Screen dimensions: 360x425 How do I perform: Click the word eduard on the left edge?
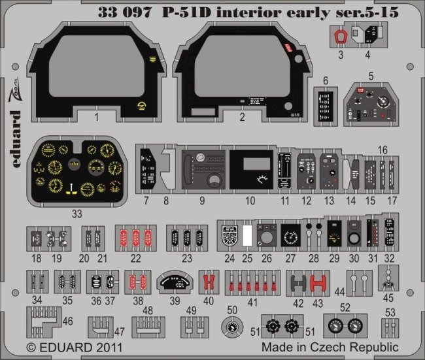point(18,131)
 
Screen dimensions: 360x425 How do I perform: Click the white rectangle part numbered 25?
point(248,237)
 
